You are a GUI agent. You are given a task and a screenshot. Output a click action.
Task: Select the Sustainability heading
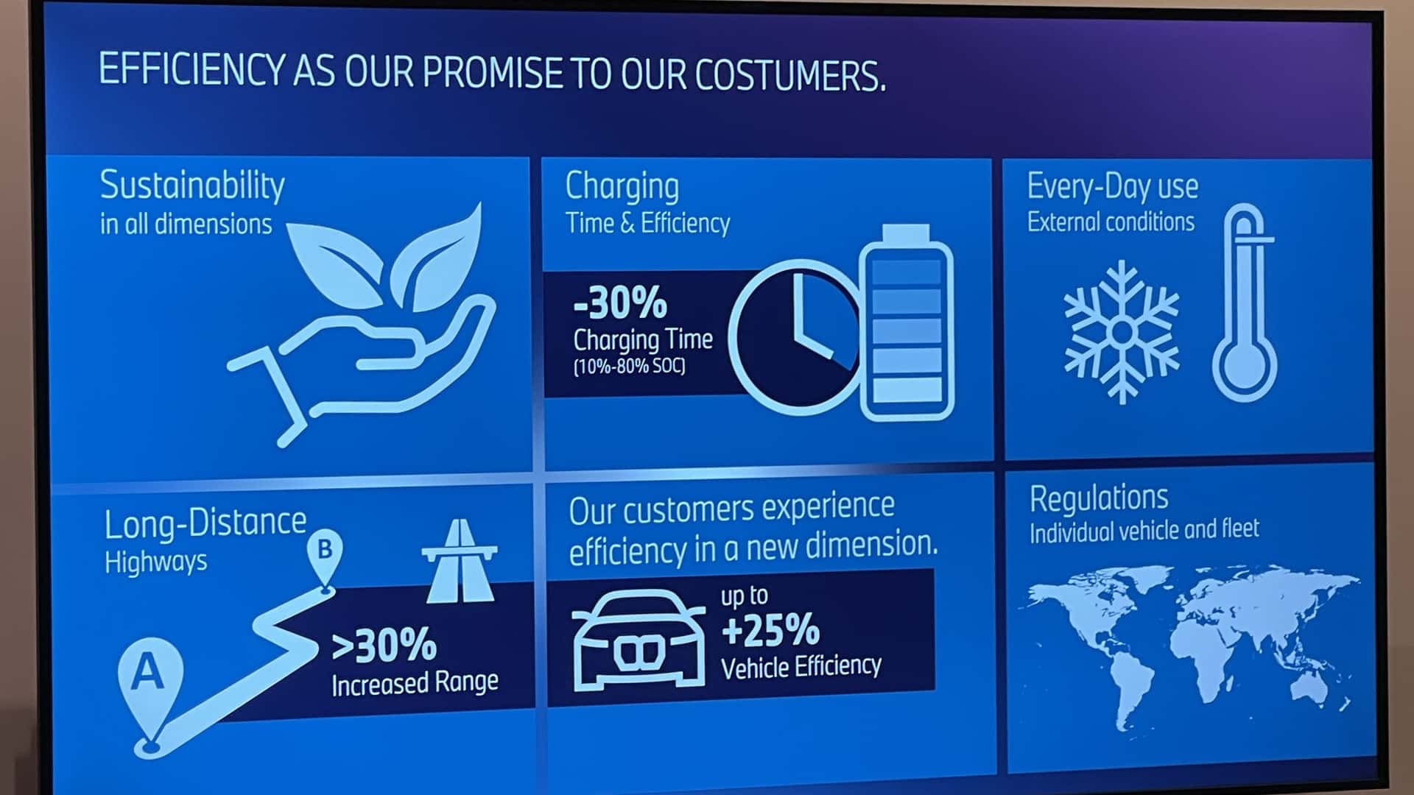(192, 185)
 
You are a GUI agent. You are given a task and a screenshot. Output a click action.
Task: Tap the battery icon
(907, 322)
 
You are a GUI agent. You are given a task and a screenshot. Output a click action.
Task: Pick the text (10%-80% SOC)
(629, 366)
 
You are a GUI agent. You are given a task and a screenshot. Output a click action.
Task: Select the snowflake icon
(1121, 332)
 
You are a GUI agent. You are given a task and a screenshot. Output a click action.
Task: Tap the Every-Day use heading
(1112, 186)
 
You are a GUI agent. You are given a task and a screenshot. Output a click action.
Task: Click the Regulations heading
(1099, 498)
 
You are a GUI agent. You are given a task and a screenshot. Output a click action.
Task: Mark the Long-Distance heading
(205, 523)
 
